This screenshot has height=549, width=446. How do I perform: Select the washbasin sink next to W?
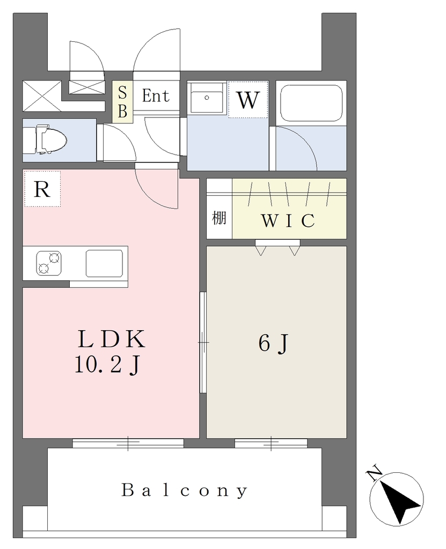pyautogui.click(x=207, y=98)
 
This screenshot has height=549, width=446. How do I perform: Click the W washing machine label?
pyautogui.click(x=248, y=100)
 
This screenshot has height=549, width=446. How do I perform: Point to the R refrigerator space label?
pyautogui.click(x=42, y=189)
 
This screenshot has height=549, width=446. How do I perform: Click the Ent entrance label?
pyautogui.click(x=156, y=95)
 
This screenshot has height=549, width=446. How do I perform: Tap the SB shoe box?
pyautogui.click(x=122, y=102)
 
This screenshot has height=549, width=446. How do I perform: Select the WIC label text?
pyautogui.click(x=288, y=220)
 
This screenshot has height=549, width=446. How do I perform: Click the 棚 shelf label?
pyautogui.click(x=219, y=218)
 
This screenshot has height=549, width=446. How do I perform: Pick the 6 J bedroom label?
pyautogui.click(x=274, y=343)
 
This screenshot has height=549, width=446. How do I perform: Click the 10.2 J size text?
pyautogui.click(x=108, y=366)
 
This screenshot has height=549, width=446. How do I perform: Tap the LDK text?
pyautogui.click(x=111, y=339)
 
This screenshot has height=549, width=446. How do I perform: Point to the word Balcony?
pyautogui.click(x=185, y=490)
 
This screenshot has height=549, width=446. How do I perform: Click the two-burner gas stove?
pyautogui.click(x=49, y=263)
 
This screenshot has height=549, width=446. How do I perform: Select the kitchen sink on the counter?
pyautogui.click(x=105, y=263)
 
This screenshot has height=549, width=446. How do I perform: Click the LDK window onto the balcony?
pyautogui.click(x=128, y=443)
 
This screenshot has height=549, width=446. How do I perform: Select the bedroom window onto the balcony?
pyautogui.click(x=271, y=443)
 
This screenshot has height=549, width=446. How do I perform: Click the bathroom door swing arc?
pyautogui.click(x=297, y=148)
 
